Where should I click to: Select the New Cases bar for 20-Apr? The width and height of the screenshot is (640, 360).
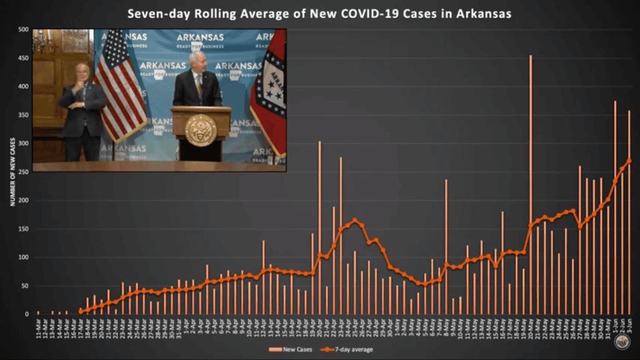click(319, 231)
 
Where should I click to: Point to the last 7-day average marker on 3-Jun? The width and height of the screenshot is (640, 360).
click(629, 161)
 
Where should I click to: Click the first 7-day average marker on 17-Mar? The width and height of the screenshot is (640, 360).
click(80, 311)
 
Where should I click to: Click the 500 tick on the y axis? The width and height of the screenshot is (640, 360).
click(23, 29)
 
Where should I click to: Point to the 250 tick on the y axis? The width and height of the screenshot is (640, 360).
click(23, 172)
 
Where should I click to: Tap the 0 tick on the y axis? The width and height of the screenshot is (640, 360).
click(26, 314)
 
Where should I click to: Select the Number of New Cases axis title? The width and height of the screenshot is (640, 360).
click(12, 172)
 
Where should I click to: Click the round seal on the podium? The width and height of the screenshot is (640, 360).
click(201, 130)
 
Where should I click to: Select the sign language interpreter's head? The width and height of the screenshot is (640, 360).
click(82, 71)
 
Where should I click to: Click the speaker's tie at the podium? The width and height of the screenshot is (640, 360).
click(199, 87)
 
